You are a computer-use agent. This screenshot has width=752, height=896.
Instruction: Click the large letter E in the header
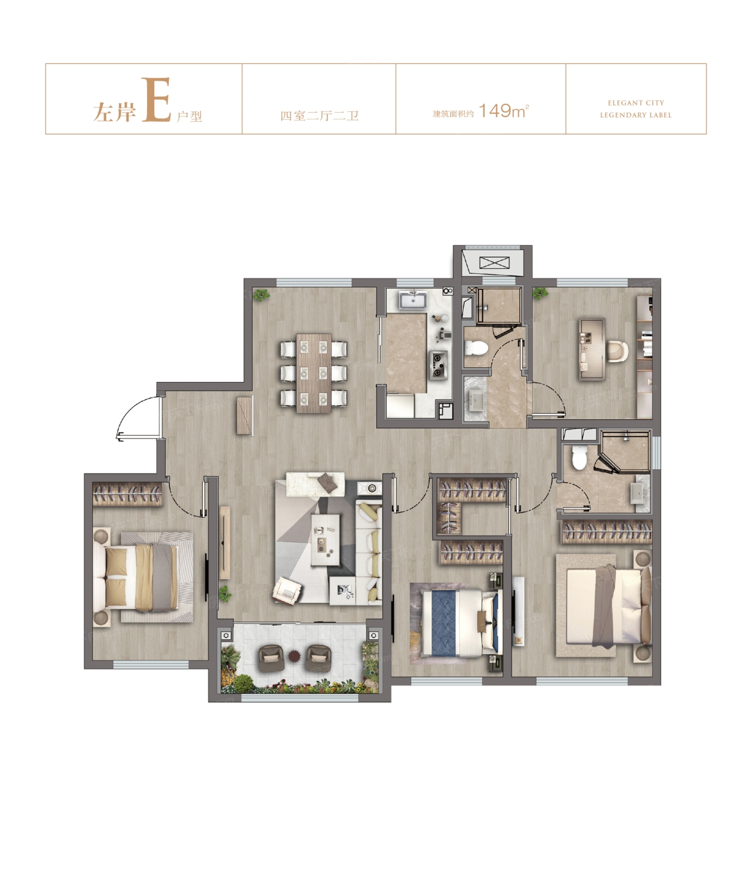coord(156,100)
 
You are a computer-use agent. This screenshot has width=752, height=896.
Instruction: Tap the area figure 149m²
coord(503,111)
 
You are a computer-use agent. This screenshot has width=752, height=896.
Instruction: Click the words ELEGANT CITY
coord(636,103)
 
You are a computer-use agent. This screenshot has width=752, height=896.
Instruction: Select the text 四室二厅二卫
coord(319,116)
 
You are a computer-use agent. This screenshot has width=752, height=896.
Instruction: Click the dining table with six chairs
coord(314,373)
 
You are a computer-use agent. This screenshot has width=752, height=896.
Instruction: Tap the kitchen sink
coord(412,300)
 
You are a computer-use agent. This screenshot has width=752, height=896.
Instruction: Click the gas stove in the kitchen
coord(439,365)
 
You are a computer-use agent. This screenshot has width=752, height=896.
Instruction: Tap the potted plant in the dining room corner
coord(260,295)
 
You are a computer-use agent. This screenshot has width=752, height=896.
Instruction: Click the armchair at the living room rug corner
coord(286,591)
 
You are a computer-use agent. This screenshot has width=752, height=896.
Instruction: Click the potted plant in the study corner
coord(540,294)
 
